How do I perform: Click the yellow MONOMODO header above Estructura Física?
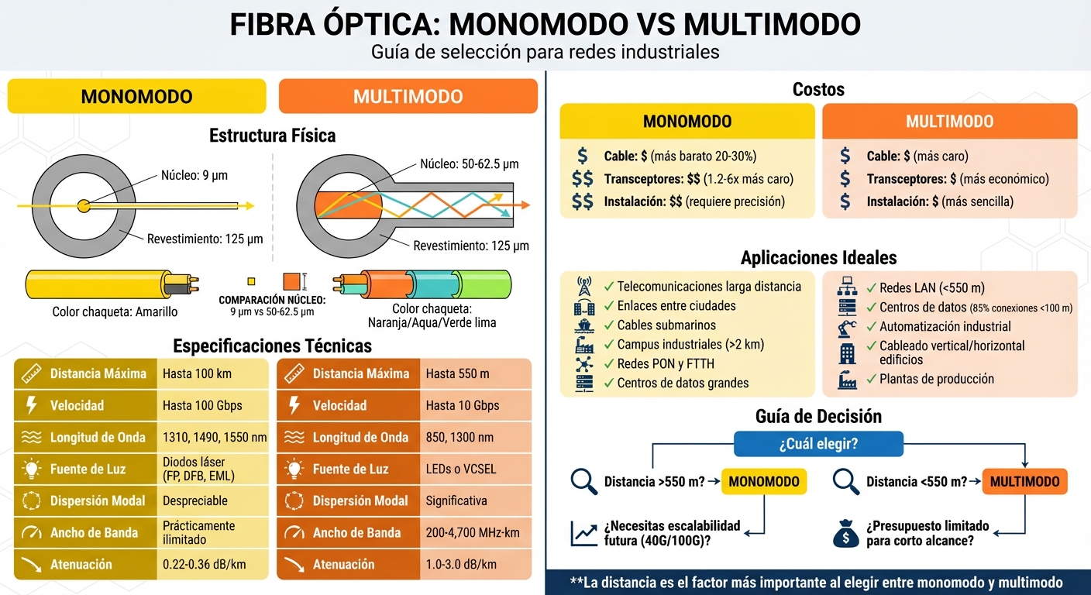point(136,97)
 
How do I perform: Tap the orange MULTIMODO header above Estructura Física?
point(408,97)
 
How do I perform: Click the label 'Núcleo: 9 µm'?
point(194,175)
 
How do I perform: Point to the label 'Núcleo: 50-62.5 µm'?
point(469,164)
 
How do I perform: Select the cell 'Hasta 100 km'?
point(197,373)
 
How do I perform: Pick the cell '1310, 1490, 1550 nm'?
point(215,437)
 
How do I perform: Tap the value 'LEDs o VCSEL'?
point(461,469)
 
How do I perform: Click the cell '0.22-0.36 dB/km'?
point(204,564)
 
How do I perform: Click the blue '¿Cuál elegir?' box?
point(818,445)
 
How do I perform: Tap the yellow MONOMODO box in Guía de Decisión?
point(764,482)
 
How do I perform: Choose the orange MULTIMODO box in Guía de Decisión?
point(1024,482)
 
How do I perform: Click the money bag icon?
point(845,533)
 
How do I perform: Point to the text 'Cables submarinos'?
point(666,325)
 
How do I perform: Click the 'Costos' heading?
point(818,90)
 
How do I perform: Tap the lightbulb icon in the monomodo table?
point(32,469)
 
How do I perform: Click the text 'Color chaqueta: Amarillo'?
point(115,311)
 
